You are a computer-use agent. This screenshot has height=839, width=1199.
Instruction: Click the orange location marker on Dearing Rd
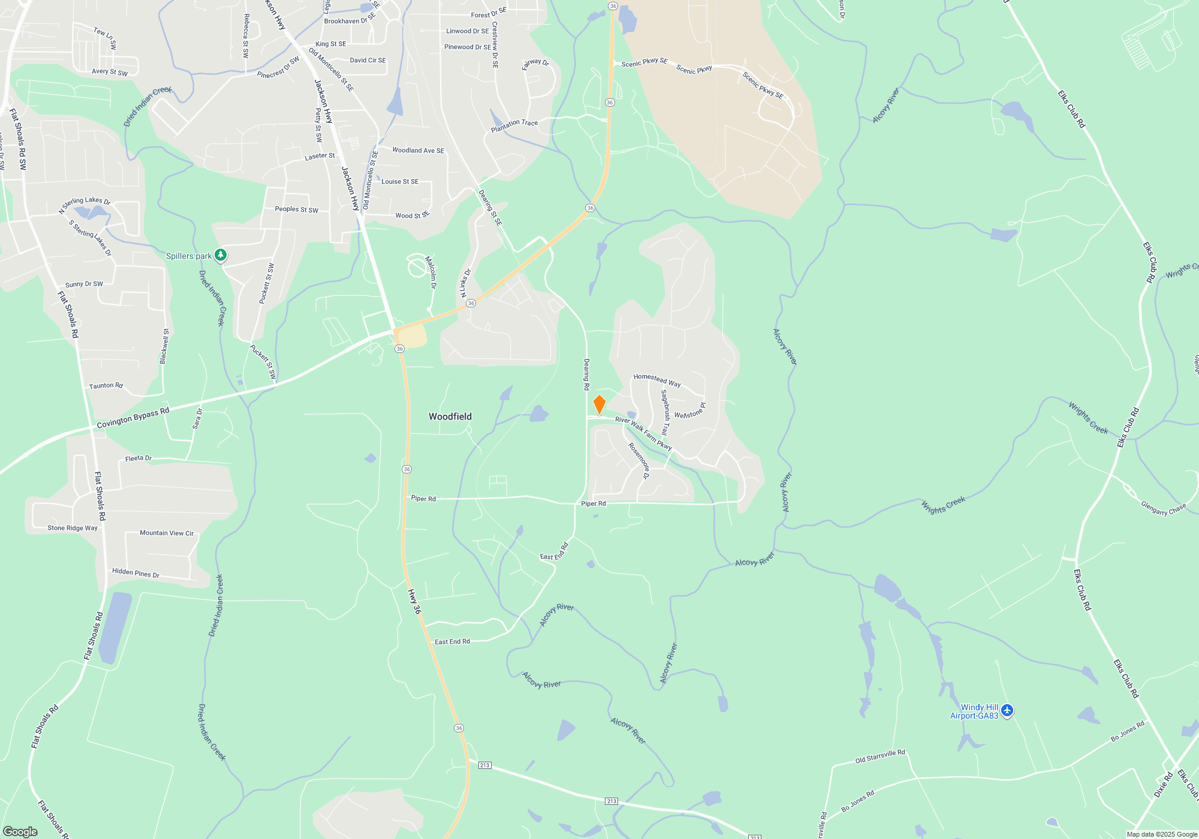pos(599,404)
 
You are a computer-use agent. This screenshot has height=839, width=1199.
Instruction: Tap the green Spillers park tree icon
pos(221,255)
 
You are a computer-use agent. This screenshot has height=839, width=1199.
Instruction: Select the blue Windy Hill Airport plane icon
pos(1007,711)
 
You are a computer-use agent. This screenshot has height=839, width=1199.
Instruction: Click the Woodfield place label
pos(450,417)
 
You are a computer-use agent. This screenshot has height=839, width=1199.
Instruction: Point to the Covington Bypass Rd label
pos(133,418)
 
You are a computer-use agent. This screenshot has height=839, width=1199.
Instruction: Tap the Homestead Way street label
pos(657,380)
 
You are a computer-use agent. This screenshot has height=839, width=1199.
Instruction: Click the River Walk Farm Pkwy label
pos(643,433)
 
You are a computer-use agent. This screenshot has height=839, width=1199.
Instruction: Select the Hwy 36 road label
pos(414,601)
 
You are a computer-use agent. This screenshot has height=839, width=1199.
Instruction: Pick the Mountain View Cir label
pos(167,533)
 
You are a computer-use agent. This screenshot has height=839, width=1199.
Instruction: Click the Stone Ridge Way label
pos(73,528)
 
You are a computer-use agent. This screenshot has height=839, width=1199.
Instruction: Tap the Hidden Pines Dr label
pos(135,573)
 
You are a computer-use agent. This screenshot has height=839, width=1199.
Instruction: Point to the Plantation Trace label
pos(514,125)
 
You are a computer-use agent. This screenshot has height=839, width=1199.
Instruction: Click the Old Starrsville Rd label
pos(880,756)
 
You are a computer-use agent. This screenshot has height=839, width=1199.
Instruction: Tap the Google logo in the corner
pos(20,832)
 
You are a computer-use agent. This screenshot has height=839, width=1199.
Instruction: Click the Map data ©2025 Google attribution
pos(1162,834)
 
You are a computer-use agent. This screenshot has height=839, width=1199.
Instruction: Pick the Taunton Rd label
pos(106,385)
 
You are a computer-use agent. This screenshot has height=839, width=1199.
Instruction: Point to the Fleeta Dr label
pos(138,458)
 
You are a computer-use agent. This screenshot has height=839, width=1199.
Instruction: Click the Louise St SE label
pos(400,182)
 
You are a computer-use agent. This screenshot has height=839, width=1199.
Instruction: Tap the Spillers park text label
pos(188,256)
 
